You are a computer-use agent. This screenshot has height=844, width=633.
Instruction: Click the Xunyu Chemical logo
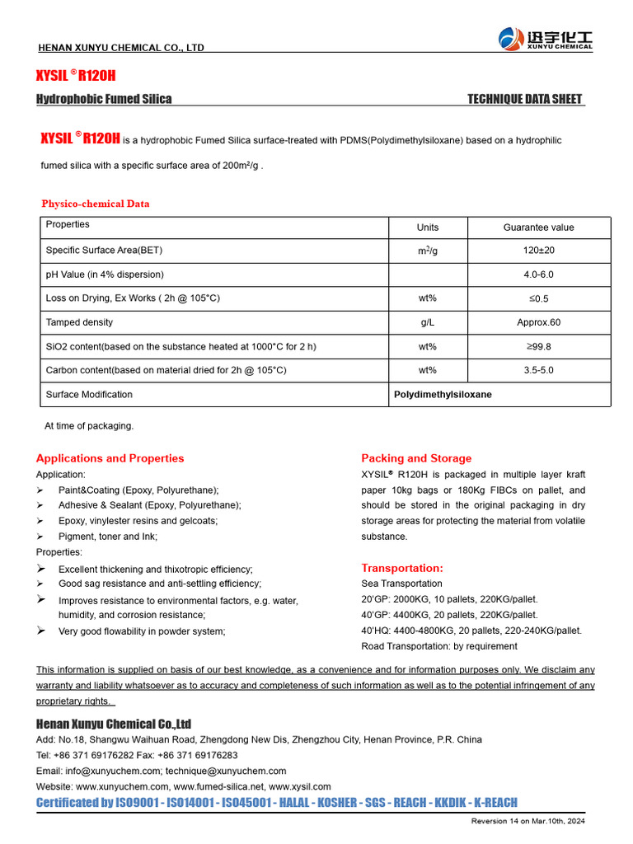[545, 38]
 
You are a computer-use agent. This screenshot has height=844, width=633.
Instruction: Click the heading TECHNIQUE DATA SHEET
[524, 99]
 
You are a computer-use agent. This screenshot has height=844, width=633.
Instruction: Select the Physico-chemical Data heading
[96, 204]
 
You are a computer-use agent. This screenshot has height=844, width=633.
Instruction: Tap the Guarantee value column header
[538, 227]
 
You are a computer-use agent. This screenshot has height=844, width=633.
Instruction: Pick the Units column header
[428, 227]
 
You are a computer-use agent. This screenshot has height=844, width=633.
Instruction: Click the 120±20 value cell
[538, 251]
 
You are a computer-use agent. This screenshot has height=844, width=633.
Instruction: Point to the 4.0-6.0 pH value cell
[538, 274]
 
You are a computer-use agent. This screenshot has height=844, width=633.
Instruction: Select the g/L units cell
[428, 322]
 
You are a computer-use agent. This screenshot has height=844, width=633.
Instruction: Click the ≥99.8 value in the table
[538, 346]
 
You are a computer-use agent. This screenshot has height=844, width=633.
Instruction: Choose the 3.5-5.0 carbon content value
[538, 370]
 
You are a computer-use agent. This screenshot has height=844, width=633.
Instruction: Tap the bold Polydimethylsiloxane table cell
[443, 394]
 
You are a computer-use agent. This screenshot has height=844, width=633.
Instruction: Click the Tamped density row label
[80, 322]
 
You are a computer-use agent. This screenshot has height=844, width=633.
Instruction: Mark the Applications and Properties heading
[110, 458]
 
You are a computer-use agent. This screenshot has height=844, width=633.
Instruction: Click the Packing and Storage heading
[416, 458]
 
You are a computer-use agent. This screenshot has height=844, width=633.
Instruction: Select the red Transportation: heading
[402, 568]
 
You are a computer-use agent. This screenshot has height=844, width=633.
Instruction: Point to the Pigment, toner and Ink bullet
[107, 537]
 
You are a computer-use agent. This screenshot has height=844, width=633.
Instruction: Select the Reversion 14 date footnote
[527, 822]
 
